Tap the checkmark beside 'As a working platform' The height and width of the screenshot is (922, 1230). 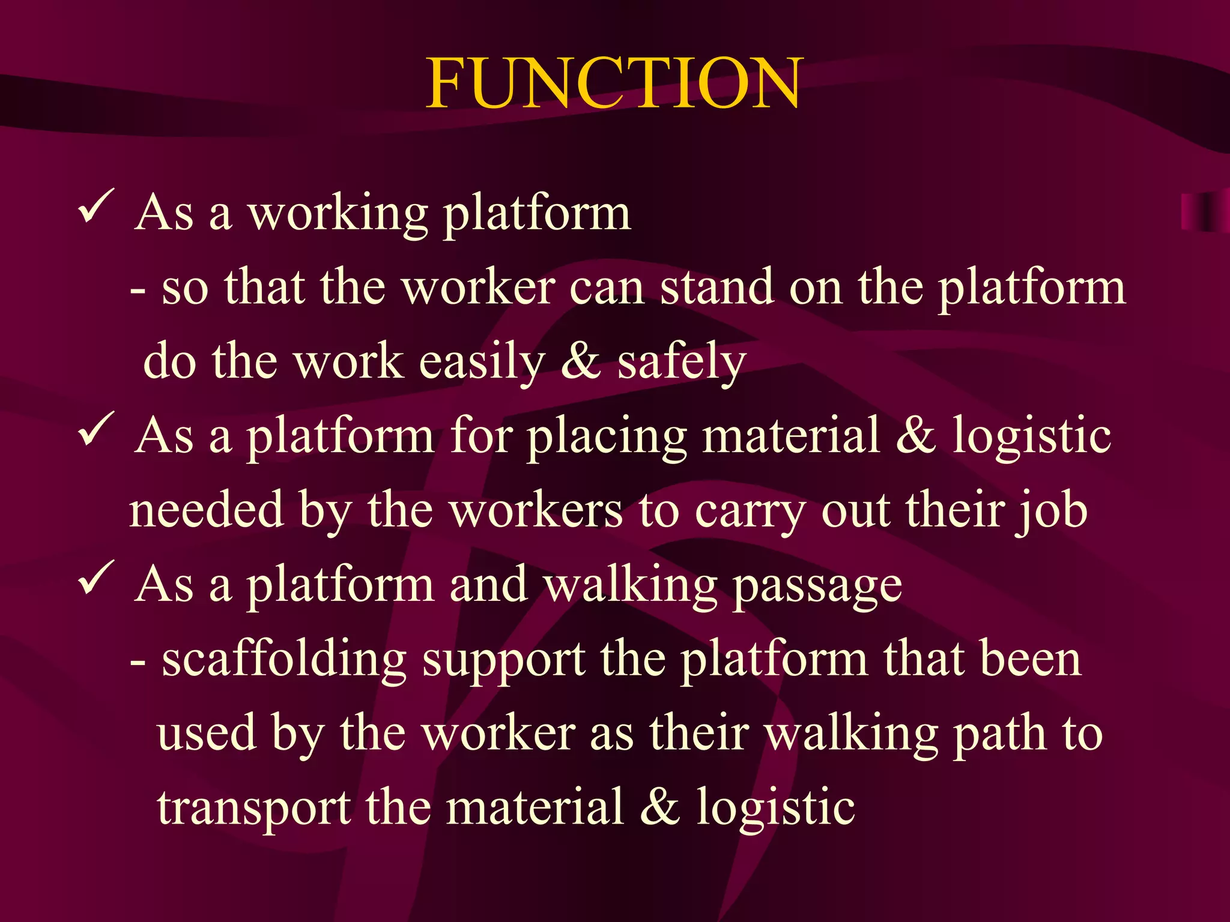95,207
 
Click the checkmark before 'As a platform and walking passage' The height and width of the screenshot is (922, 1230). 95,578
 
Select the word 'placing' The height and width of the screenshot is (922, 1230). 607,437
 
